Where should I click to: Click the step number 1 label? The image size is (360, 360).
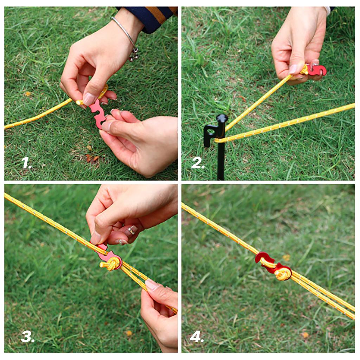27,163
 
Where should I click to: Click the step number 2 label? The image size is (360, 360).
198,163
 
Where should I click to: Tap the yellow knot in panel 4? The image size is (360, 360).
282,273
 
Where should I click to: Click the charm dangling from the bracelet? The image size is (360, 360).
134,54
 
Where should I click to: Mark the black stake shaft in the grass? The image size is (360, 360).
220,162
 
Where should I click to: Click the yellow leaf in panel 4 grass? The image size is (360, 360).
287,258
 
